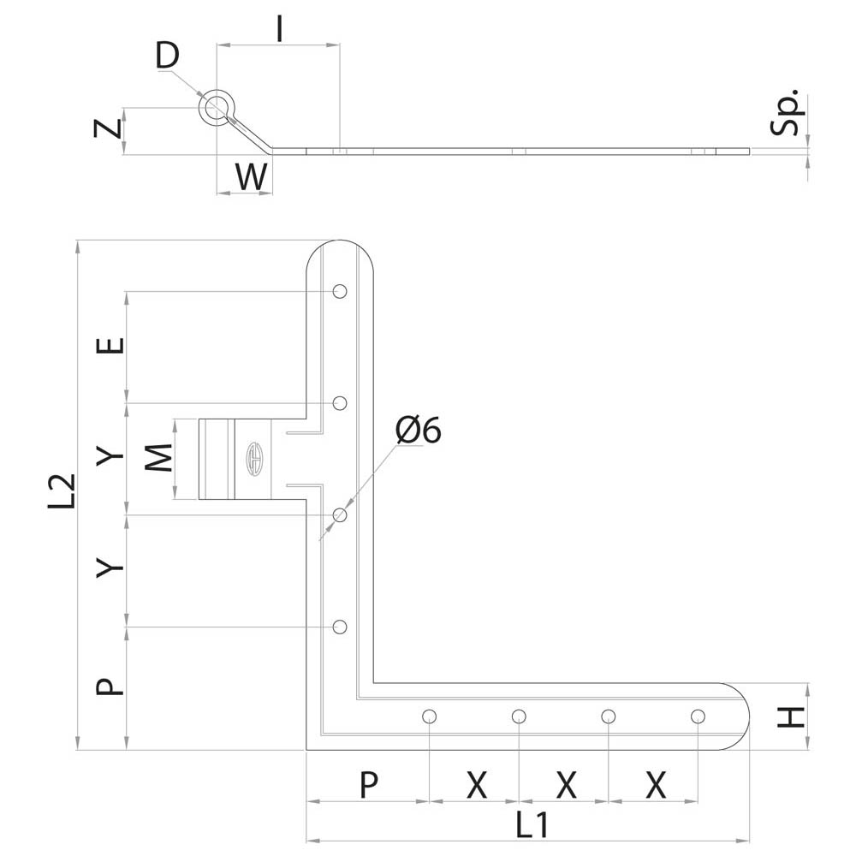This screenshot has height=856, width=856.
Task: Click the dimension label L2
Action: [62, 491]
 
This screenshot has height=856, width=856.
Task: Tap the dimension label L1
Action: [532, 825]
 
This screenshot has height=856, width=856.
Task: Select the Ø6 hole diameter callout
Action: [419, 431]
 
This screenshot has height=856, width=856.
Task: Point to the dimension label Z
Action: [108, 129]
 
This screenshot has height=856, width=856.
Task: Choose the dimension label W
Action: [252, 176]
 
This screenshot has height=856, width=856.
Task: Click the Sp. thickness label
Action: [787, 112]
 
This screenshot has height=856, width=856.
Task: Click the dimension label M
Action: [159, 457]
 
